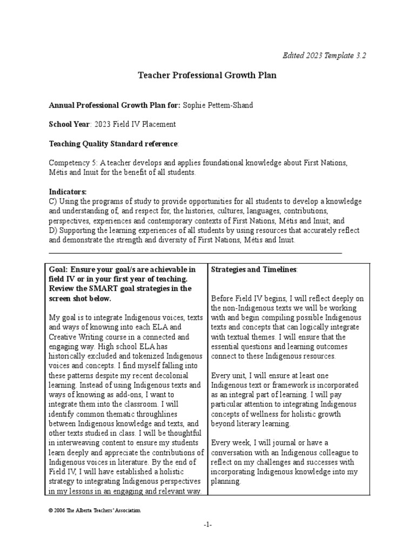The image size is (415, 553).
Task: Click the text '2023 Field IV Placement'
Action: pos(135,124)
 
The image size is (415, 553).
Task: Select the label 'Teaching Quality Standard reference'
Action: pos(113,144)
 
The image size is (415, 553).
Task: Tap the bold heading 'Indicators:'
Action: pos(68,192)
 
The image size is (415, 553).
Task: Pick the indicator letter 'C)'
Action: pos(53,201)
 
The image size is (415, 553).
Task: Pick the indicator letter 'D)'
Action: pos(53,231)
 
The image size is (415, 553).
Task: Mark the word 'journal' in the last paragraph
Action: pos(287,443)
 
